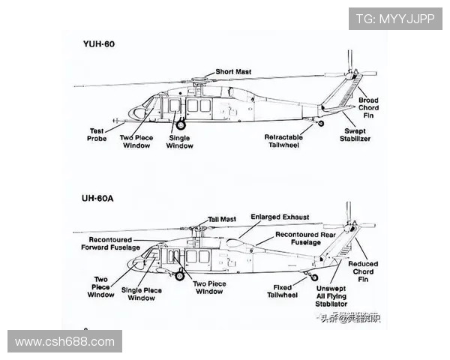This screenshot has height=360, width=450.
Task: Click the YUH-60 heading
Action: point(99,43)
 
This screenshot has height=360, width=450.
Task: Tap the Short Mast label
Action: point(233,72)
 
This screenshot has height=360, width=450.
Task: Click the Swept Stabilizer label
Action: point(356,134)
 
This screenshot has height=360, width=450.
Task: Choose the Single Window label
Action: point(179,141)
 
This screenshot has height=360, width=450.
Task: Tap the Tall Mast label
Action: point(221,219)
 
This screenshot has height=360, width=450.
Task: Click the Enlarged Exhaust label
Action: point(280,217)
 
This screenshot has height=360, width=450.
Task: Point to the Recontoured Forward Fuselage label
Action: point(110,243)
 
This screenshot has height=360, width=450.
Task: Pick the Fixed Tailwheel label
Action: point(283,291)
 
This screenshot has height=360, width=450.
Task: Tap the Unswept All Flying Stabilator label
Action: point(331,296)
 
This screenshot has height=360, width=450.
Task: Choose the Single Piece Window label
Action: point(142,294)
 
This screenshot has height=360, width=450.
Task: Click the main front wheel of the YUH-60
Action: point(179,125)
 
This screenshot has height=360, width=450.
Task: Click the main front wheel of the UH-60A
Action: point(179,275)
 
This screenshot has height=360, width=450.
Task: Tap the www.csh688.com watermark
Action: point(64,342)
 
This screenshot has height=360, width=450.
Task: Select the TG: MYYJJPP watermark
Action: point(394,19)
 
